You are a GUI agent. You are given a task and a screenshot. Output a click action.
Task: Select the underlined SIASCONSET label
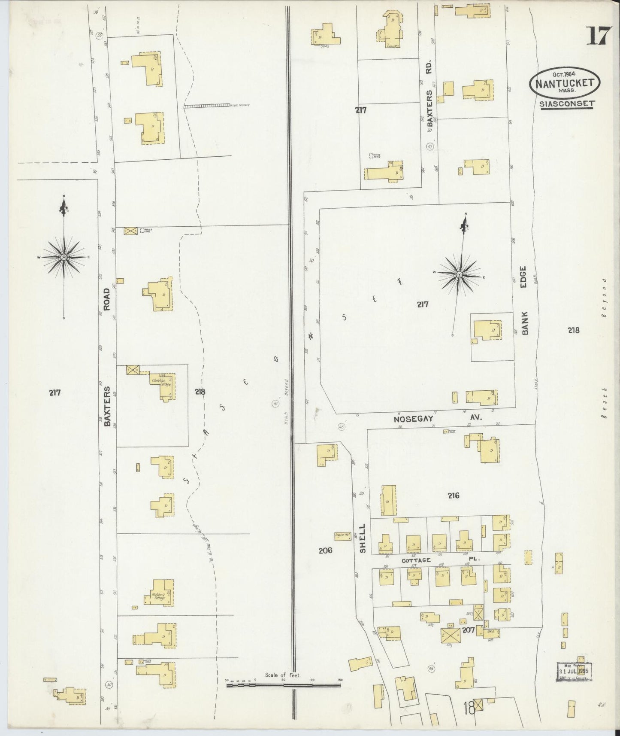coord(567,104)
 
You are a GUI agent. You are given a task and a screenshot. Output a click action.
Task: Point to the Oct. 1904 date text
coord(563,73)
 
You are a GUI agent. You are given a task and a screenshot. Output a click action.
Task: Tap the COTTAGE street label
coord(416,560)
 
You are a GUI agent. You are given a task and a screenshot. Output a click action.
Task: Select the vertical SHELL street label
coord(363,538)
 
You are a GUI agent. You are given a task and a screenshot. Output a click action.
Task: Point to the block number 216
coord(453,496)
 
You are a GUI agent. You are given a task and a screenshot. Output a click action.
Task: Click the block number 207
coord(468,630)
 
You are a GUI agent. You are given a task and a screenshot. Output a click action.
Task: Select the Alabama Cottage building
coord(159,596)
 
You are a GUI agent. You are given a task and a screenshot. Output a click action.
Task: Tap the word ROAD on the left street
coord(107,299)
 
